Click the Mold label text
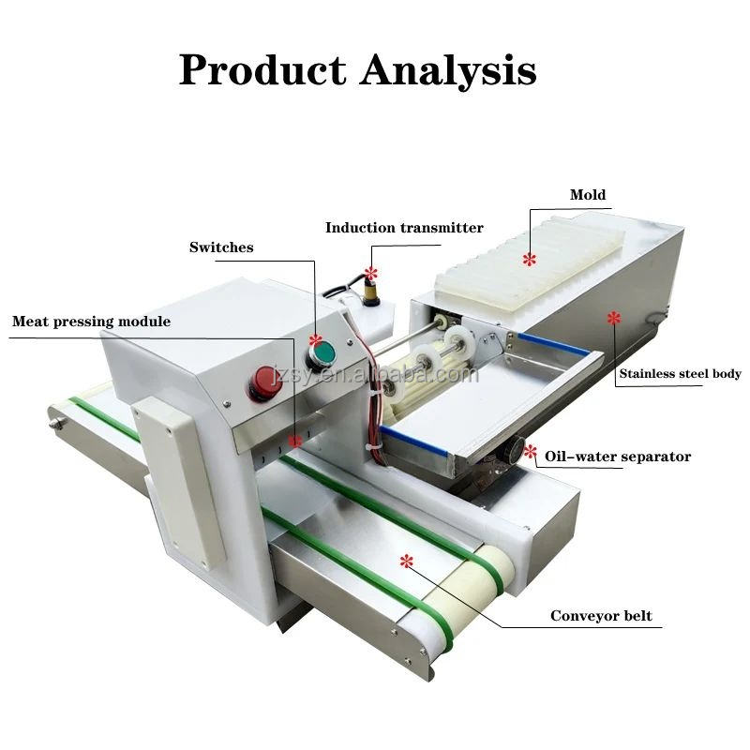click(x=588, y=195)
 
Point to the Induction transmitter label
click(x=404, y=228)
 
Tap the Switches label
click(x=221, y=247)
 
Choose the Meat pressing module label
click(x=91, y=322)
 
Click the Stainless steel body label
click(x=680, y=374)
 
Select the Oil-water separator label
click(x=619, y=457)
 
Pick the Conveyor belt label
click(x=601, y=616)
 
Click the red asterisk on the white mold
click(x=530, y=258)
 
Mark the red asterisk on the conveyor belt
click(x=406, y=561)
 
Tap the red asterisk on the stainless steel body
click(x=613, y=319)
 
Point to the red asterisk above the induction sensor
click(x=370, y=274)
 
